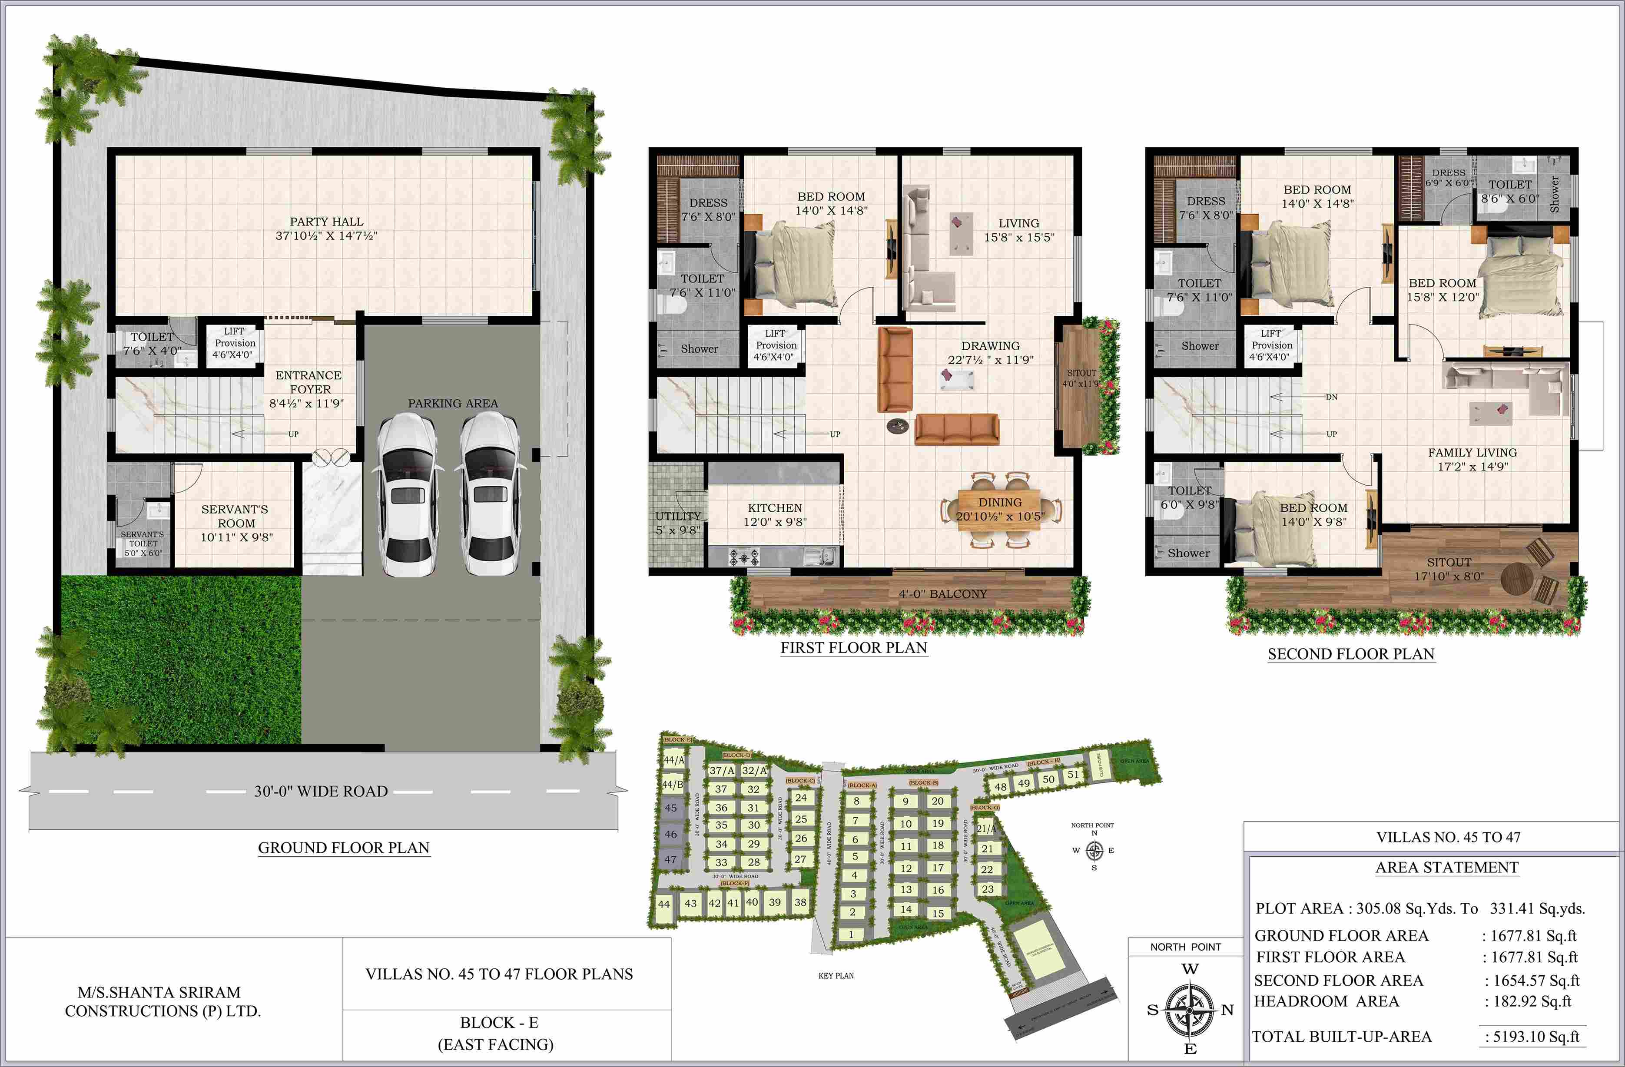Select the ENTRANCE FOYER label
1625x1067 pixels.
pyautogui.click(x=308, y=382)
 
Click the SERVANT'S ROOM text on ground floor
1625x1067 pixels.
pyautogui.click(x=235, y=516)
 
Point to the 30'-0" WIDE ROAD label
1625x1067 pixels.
pyautogui.click(x=321, y=791)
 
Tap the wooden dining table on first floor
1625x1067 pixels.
pyautogui.click(x=1000, y=509)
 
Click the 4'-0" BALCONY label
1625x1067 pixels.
pyautogui.click(x=942, y=594)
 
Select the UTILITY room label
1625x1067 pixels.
pyautogui.click(x=678, y=516)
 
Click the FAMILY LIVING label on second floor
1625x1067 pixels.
pyautogui.click(x=1472, y=453)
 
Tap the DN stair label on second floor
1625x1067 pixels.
pyautogui.click(x=1331, y=397)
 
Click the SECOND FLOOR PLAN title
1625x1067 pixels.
pyautogui.click(x=1350, y=654)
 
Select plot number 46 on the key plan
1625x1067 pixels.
pyautogui.click(x=671, y=834)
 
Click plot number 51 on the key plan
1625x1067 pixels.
pyautogui.click(x=1073, y=775)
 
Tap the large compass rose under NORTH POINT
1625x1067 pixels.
pyautogui.click(x=1190, y=1009)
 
